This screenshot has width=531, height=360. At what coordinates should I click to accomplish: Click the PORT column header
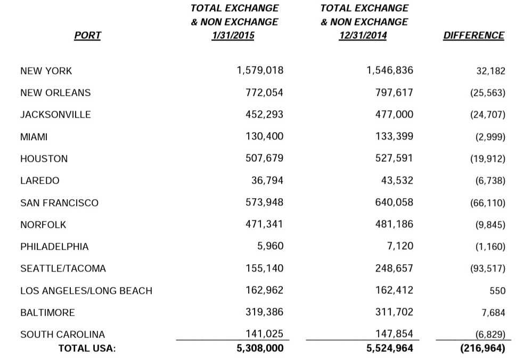pos(87,36)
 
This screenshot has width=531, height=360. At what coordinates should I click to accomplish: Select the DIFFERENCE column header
pos(473,36)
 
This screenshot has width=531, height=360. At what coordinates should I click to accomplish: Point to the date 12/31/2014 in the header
pos(363,36)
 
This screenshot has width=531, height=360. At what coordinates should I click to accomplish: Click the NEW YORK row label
pos(46,71)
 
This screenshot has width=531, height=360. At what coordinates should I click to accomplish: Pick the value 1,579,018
pos(260,70)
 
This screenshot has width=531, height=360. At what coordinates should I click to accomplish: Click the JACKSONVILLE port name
pos(55,114)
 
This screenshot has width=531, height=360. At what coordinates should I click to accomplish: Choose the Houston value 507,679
pos(264,158)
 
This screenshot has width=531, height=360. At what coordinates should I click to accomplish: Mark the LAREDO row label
pos(40,181)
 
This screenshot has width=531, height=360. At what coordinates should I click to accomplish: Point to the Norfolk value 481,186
pos(394,224)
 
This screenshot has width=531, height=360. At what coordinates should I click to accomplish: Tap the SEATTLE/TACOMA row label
pos(63,268)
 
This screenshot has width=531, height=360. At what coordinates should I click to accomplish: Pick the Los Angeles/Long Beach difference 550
pos(497,291)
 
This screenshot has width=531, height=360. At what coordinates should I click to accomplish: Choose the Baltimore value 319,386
pos(264,312)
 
